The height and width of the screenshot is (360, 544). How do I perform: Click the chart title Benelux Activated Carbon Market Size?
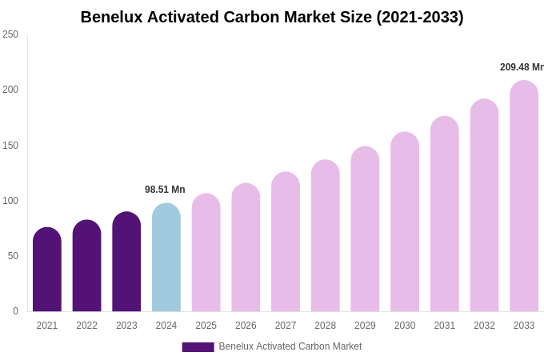click(272, 17)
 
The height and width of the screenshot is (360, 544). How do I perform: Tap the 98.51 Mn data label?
click(165, 190)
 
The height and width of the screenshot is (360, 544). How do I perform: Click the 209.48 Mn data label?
click(522, 67)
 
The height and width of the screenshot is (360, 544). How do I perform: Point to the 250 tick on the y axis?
click(10, 34)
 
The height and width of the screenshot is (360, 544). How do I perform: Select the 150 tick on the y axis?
click(10, 146)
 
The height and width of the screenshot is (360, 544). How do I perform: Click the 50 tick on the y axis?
click(13, 256)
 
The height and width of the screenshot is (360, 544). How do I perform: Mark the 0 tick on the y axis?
click(15, 311)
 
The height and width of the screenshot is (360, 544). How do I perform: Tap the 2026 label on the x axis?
click(246, 326)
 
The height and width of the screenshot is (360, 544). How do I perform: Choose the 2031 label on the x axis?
click(445, 326)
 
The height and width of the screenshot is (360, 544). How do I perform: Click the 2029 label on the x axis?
click(365, 326)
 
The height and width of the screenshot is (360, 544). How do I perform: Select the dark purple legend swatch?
click(198, 347)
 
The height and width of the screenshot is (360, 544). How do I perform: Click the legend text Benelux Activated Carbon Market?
click(290, 346)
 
